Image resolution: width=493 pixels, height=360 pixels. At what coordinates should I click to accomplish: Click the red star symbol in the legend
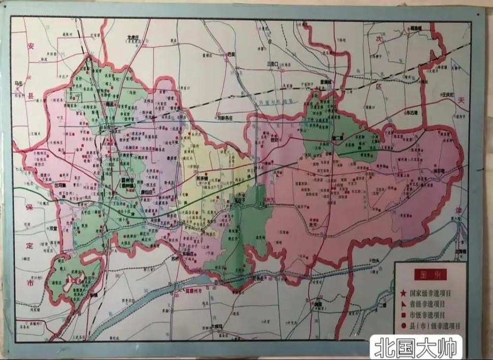coord(403,293)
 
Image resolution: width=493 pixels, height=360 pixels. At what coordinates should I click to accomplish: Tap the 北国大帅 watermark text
coord(415,348)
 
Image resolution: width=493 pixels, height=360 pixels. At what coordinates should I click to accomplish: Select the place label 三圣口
coord(273,64)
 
